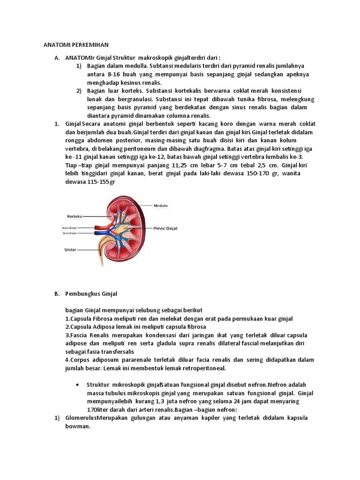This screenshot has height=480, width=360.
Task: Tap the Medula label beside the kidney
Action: click(x=160, y=205)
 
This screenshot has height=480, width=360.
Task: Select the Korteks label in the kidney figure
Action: click(x=75, y=216)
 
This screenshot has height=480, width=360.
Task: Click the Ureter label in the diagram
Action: click(x=70, y=250)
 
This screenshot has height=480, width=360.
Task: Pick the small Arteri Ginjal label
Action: click(x=69, y=228)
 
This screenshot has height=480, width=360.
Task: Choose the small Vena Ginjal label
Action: click(x=69, y=233)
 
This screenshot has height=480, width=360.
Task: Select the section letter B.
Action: click(x=56, y=294)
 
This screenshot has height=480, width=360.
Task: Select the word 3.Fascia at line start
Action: click(x=76, y=336)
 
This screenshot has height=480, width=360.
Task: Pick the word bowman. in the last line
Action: click(x=77, y=427)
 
